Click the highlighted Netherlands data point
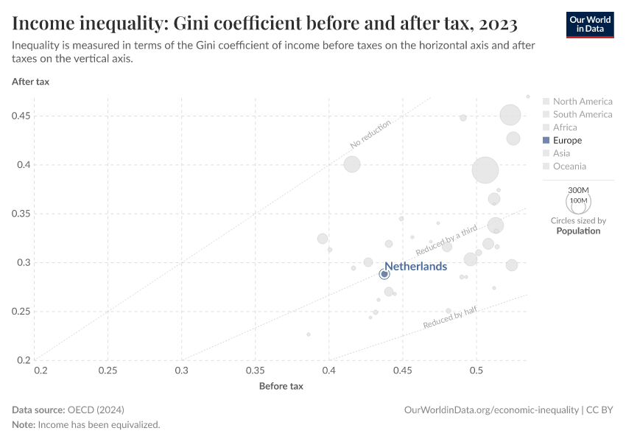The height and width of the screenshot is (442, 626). tap(384, 274)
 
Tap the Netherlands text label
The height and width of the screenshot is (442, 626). tap(415, 267)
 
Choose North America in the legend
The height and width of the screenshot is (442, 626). tap(582, 102)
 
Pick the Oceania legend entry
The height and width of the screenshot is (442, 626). tap(569, 166)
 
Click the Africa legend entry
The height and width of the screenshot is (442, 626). tap(565, 127)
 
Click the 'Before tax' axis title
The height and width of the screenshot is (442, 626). tap(281, 386)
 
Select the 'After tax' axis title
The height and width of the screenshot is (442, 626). tap(31, 82)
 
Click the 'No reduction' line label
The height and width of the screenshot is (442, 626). tap(371, 134)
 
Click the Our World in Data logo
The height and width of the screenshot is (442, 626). tap(589, 24)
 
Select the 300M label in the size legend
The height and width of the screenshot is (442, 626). tap(579, 190)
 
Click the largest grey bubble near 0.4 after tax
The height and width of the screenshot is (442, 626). tap(485, 169)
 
